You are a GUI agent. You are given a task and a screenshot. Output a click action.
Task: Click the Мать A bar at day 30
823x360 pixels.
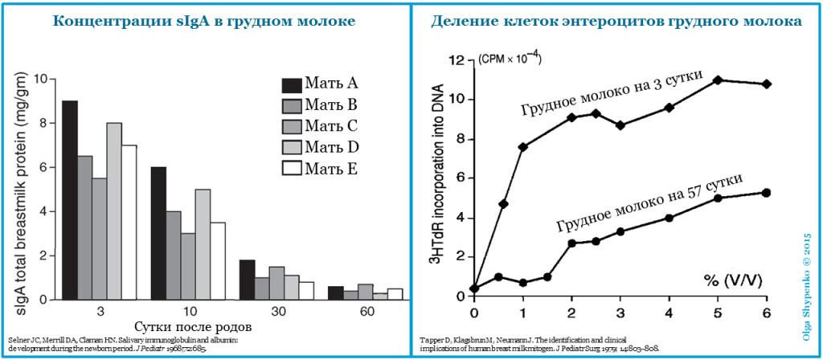[x=248, y=278]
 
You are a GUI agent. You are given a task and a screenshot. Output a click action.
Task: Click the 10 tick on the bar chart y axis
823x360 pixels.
[x=41, y=79]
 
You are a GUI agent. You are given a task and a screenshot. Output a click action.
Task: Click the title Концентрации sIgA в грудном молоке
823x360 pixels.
[x=205, y=21]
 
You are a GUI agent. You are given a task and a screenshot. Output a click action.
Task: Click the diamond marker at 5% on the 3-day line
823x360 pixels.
[x=718, y=80]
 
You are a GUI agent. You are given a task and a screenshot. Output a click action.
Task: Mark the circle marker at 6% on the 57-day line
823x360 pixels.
[x=766, y=193]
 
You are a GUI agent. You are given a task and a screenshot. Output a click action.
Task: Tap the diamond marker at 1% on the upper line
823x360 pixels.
[x=523, y=147]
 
